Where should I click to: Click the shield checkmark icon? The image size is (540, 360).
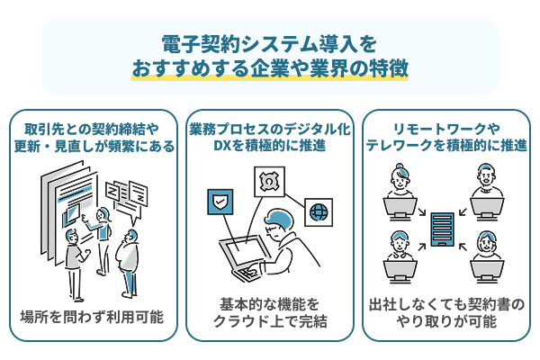(220, 200)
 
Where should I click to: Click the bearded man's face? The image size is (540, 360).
(487, 180)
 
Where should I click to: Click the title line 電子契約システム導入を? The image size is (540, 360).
(269, 44)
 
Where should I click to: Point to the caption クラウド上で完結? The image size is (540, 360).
(270, 322)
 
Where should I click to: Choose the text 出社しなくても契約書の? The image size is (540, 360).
(447, 303)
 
